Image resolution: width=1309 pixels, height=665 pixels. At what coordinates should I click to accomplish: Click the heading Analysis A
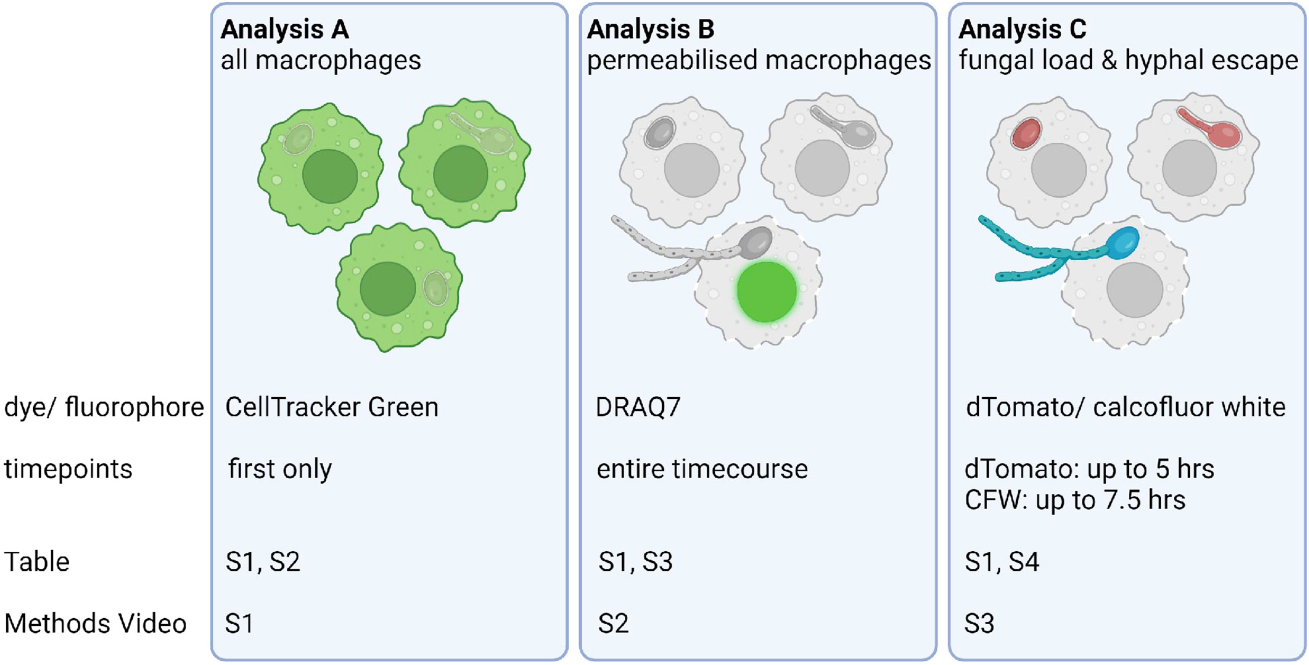point(285,29)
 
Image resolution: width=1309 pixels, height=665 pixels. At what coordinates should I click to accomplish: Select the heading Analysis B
point(650,29)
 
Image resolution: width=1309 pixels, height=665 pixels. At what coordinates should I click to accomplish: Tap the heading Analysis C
point(1022,29)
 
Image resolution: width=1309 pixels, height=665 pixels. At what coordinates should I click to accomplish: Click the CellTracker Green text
point(331,407)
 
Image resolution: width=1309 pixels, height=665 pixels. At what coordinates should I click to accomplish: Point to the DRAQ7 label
point(638,407)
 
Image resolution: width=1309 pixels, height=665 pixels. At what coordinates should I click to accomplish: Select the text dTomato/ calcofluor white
point(1125,407)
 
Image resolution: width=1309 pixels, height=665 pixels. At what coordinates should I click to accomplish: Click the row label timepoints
point(68,469)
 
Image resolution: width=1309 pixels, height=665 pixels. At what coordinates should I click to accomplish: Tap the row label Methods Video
point(95,624)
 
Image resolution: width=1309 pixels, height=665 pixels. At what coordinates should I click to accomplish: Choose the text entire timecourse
point(702,469)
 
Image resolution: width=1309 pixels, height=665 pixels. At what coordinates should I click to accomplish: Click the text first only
point(280,469)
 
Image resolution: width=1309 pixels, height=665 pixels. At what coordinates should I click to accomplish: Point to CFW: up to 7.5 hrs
point(1075,500)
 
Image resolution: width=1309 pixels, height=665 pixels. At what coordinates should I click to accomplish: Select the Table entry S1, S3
point(636,561)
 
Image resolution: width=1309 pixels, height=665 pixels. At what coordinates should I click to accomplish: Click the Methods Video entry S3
point(979,624)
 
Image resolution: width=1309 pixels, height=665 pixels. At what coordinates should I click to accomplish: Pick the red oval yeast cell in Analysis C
point(1026,133)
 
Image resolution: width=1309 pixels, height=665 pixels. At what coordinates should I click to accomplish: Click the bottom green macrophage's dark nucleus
point(388,289)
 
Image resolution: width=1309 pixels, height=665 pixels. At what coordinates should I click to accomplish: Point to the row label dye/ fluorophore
point(104,407)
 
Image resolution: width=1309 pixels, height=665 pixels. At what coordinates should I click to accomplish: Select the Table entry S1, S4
point(1002,561)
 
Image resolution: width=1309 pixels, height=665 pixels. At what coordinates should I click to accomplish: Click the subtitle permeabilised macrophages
point(759,60)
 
